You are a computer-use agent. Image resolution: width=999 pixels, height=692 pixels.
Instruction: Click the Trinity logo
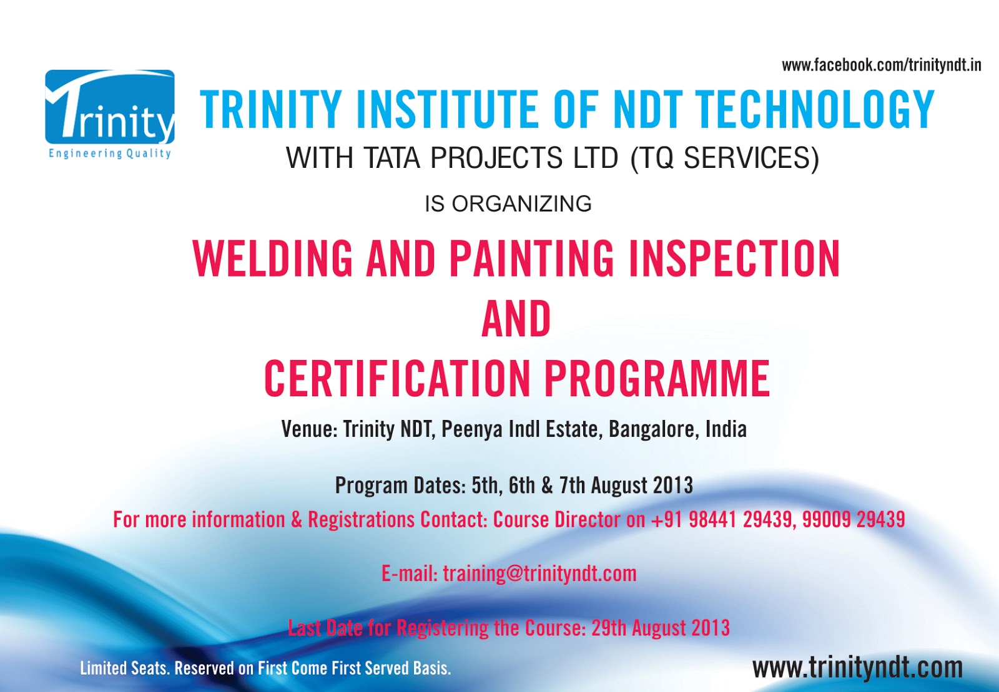110,114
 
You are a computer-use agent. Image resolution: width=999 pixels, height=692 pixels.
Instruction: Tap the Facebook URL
881,66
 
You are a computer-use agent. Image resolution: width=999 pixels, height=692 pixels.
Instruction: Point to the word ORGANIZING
522,203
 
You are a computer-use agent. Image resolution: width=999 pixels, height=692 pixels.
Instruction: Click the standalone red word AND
516,318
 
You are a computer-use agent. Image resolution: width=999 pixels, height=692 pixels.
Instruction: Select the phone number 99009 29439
854,520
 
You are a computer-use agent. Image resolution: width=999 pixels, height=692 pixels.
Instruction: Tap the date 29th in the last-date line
609,628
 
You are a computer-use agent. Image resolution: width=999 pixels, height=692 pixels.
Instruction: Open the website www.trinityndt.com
858,668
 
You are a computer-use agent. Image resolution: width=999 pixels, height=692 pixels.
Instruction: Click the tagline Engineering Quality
110,154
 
